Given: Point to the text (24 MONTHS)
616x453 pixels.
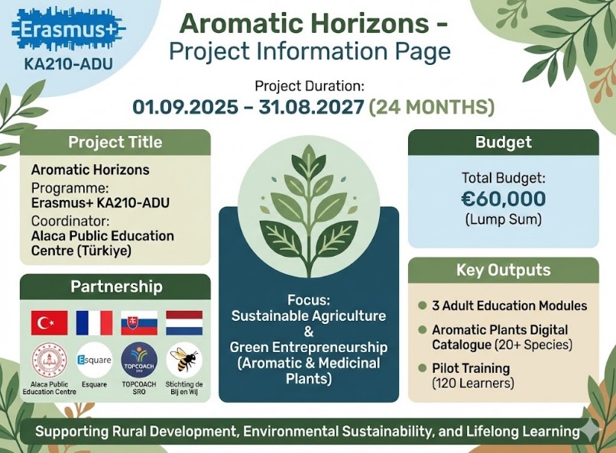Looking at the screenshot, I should (x=431, y=106).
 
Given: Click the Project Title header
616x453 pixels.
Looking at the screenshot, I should (x=115, y=142).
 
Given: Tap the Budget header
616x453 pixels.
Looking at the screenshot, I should (x=503, y=142).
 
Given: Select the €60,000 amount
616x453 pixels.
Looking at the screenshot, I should (x=503, y=199).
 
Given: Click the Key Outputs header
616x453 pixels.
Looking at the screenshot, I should (x=503, y=270).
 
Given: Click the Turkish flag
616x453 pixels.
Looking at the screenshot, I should (x=50, y=323).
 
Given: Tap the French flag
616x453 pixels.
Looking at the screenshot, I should (x=94, y=323).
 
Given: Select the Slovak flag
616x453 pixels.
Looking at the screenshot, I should (x=139, y=323).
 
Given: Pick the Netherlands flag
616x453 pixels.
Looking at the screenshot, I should (x=184, y=323).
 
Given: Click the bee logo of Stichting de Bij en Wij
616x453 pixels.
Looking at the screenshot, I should (x=184, y=359).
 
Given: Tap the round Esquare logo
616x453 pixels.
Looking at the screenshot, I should (x=94, y=360).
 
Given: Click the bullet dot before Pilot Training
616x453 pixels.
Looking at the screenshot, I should (x=422, y=368).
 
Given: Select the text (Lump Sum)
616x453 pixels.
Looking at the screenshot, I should (x=503, y=219).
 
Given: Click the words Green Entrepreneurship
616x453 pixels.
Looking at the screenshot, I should (x=309, y=348).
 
